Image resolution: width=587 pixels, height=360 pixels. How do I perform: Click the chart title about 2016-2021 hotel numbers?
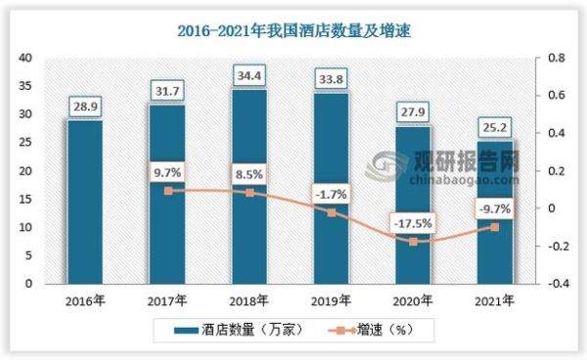[x=293, y=31]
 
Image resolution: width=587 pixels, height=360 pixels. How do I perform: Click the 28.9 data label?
[x=84, y=104]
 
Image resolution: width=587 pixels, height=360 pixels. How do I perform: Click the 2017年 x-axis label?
[x=167, y=299]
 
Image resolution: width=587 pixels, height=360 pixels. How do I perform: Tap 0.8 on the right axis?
[x=556, y=59]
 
